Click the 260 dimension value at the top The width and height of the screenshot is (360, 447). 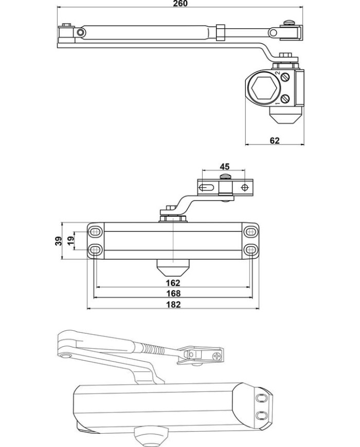[x=181, y=4]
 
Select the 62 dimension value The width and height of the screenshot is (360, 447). [x=275, y=140]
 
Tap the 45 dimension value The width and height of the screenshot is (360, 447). [x=225, y=166]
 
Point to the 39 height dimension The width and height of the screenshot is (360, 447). [x=59, y=241]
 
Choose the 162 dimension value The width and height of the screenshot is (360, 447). [x=173, y=283]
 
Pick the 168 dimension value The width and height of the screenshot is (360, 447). [x=173, y=293]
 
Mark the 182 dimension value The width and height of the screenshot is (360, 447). [x=173, y=305]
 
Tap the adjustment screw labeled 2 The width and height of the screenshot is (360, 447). [x=285, y=77]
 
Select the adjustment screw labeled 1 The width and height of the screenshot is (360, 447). [x=285, y=99]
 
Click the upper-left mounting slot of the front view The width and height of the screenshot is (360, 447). [x=96, y=232]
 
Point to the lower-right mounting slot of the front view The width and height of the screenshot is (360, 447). [x=250, y=250]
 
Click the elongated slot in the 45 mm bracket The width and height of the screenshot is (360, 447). [x=206, y=188]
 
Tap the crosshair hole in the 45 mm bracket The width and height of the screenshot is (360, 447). [x=245, y=188]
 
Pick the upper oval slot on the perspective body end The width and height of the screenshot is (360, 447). [x=261, y=398]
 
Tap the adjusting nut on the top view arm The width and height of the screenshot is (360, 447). [x=221, y=32]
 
